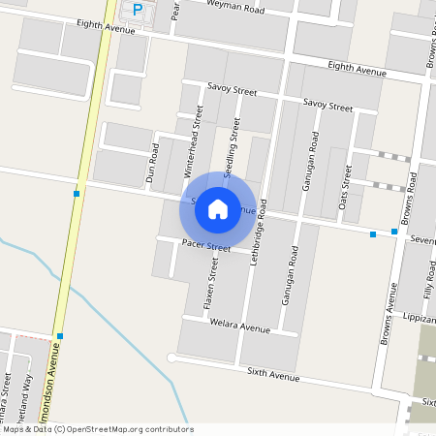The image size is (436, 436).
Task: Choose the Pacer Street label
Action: coord(205,248)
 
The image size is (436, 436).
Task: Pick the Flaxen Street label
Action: coord(209,289)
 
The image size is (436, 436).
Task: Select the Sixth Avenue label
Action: coord(273,374)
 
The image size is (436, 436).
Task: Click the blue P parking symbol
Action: coord(138,9)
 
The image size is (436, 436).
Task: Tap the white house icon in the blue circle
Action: coord(218,208)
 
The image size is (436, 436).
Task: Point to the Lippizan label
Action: coord(418,317)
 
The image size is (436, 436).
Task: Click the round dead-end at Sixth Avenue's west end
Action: coord(172,358)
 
